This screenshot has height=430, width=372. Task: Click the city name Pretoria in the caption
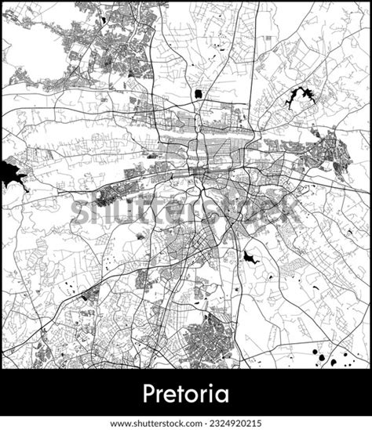(x=185, y=392)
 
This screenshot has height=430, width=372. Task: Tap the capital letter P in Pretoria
(x=149, y=392)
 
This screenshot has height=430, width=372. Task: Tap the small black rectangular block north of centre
(x=197, y=94)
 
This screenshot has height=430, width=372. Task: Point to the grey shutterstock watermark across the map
(x=185, y=208)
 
